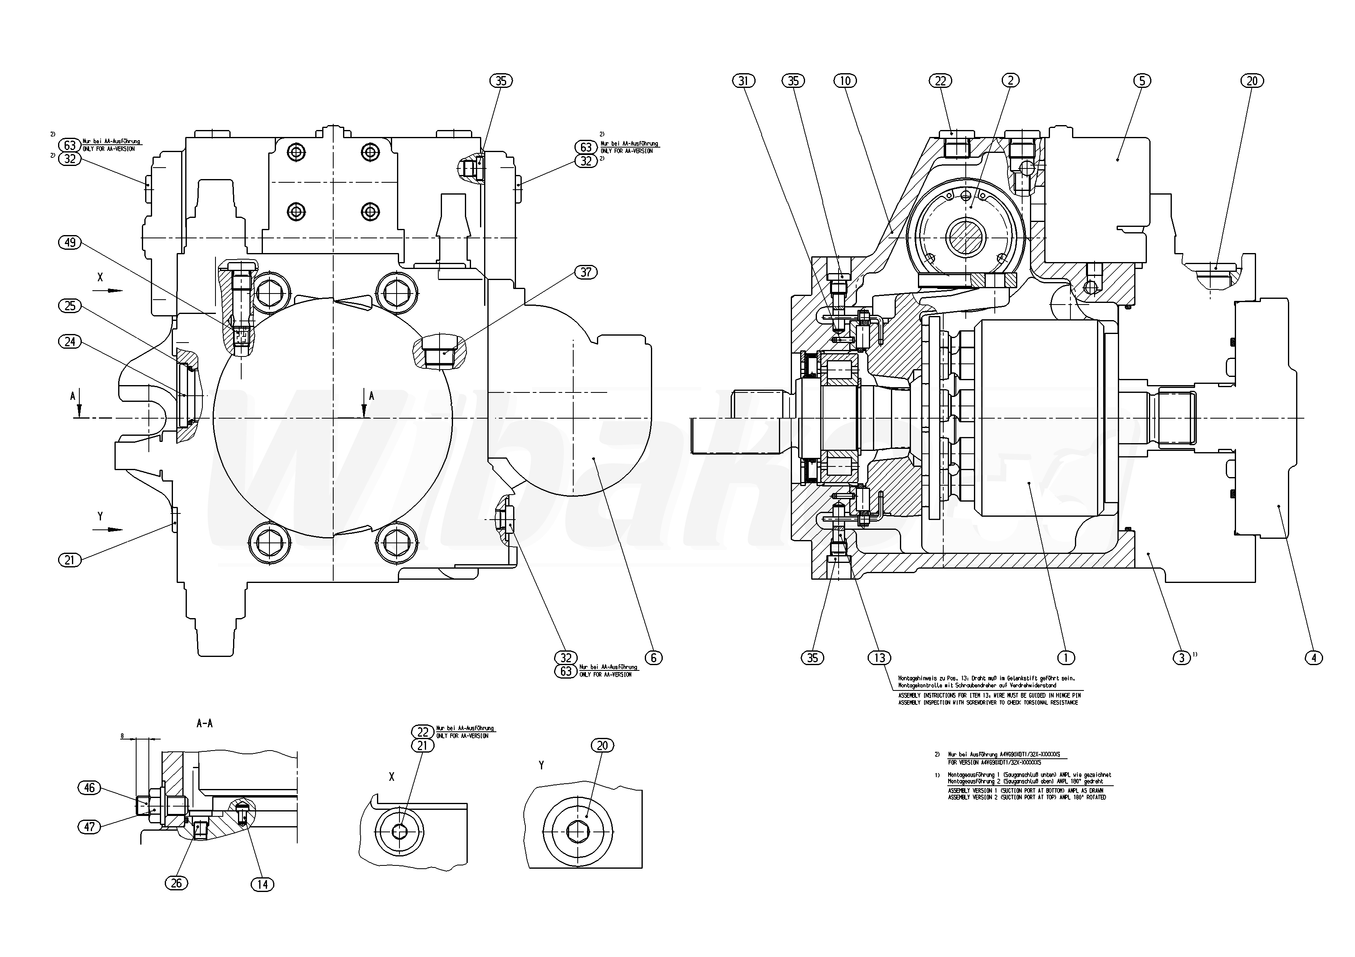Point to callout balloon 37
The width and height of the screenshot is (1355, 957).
[586, 272]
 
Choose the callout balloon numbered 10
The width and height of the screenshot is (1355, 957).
[845, 81]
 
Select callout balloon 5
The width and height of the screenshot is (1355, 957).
[1141, 81]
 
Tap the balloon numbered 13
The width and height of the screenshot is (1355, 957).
[879, 657]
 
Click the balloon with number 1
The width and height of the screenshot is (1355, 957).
[1065, 657]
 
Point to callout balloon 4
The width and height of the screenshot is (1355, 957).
[1313, 657]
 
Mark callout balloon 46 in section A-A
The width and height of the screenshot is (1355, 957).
[89, 788]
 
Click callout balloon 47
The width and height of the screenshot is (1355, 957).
[89, 827]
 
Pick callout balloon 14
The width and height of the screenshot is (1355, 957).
[262, 884]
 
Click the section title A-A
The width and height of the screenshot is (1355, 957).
[204, 723]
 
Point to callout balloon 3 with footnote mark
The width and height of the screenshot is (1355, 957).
[1181, 657]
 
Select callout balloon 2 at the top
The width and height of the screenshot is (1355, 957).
[1010, 81]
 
